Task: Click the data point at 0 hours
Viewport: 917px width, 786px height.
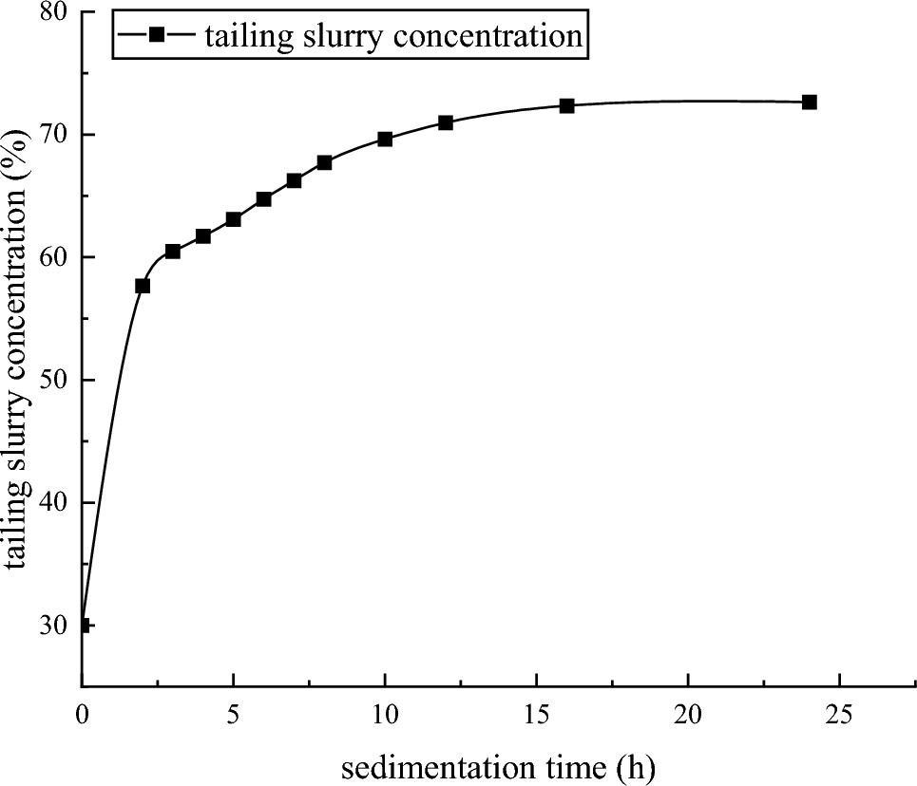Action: [83, 625]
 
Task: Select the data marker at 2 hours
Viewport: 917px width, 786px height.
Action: [143, 286]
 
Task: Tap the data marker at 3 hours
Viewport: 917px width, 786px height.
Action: [173, 252]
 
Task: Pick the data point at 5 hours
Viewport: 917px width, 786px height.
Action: [234, 219]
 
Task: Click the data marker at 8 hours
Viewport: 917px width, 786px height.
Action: [324, 162]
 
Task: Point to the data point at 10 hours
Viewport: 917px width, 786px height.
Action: [385, 139]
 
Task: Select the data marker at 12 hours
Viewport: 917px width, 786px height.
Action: [446, 122]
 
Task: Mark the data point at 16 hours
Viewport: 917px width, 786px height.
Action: [566, 105]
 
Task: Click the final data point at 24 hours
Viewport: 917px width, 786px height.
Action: [810, 102]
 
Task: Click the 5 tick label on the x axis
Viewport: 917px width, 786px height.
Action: [234, 712]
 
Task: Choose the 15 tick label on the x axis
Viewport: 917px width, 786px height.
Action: [537, 712]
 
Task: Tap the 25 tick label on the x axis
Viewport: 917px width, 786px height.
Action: [840, 712]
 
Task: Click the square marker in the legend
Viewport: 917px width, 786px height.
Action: [157, 36]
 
